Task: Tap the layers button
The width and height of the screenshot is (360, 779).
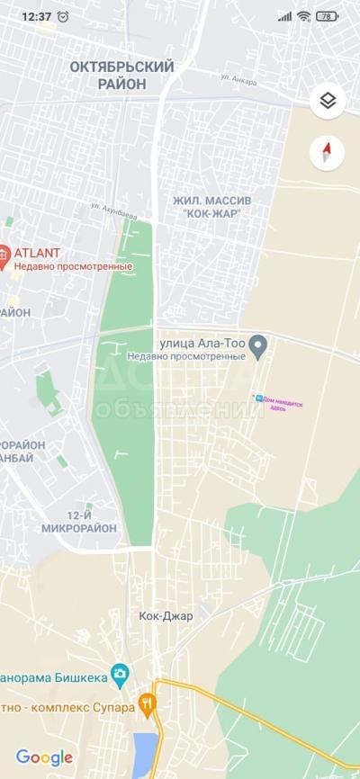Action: pos(328,101)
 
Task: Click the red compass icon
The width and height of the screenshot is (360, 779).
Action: pos(328,152)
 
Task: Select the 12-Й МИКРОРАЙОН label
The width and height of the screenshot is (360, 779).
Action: pos(79,522)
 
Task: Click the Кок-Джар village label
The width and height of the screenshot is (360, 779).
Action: pos(166,616)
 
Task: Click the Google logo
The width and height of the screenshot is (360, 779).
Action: pos(44,757)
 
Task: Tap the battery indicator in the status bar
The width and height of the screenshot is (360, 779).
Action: pos(327,16)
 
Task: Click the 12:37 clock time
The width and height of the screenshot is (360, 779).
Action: pos(35,16)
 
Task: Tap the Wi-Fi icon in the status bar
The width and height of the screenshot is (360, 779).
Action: pos(304,16)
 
